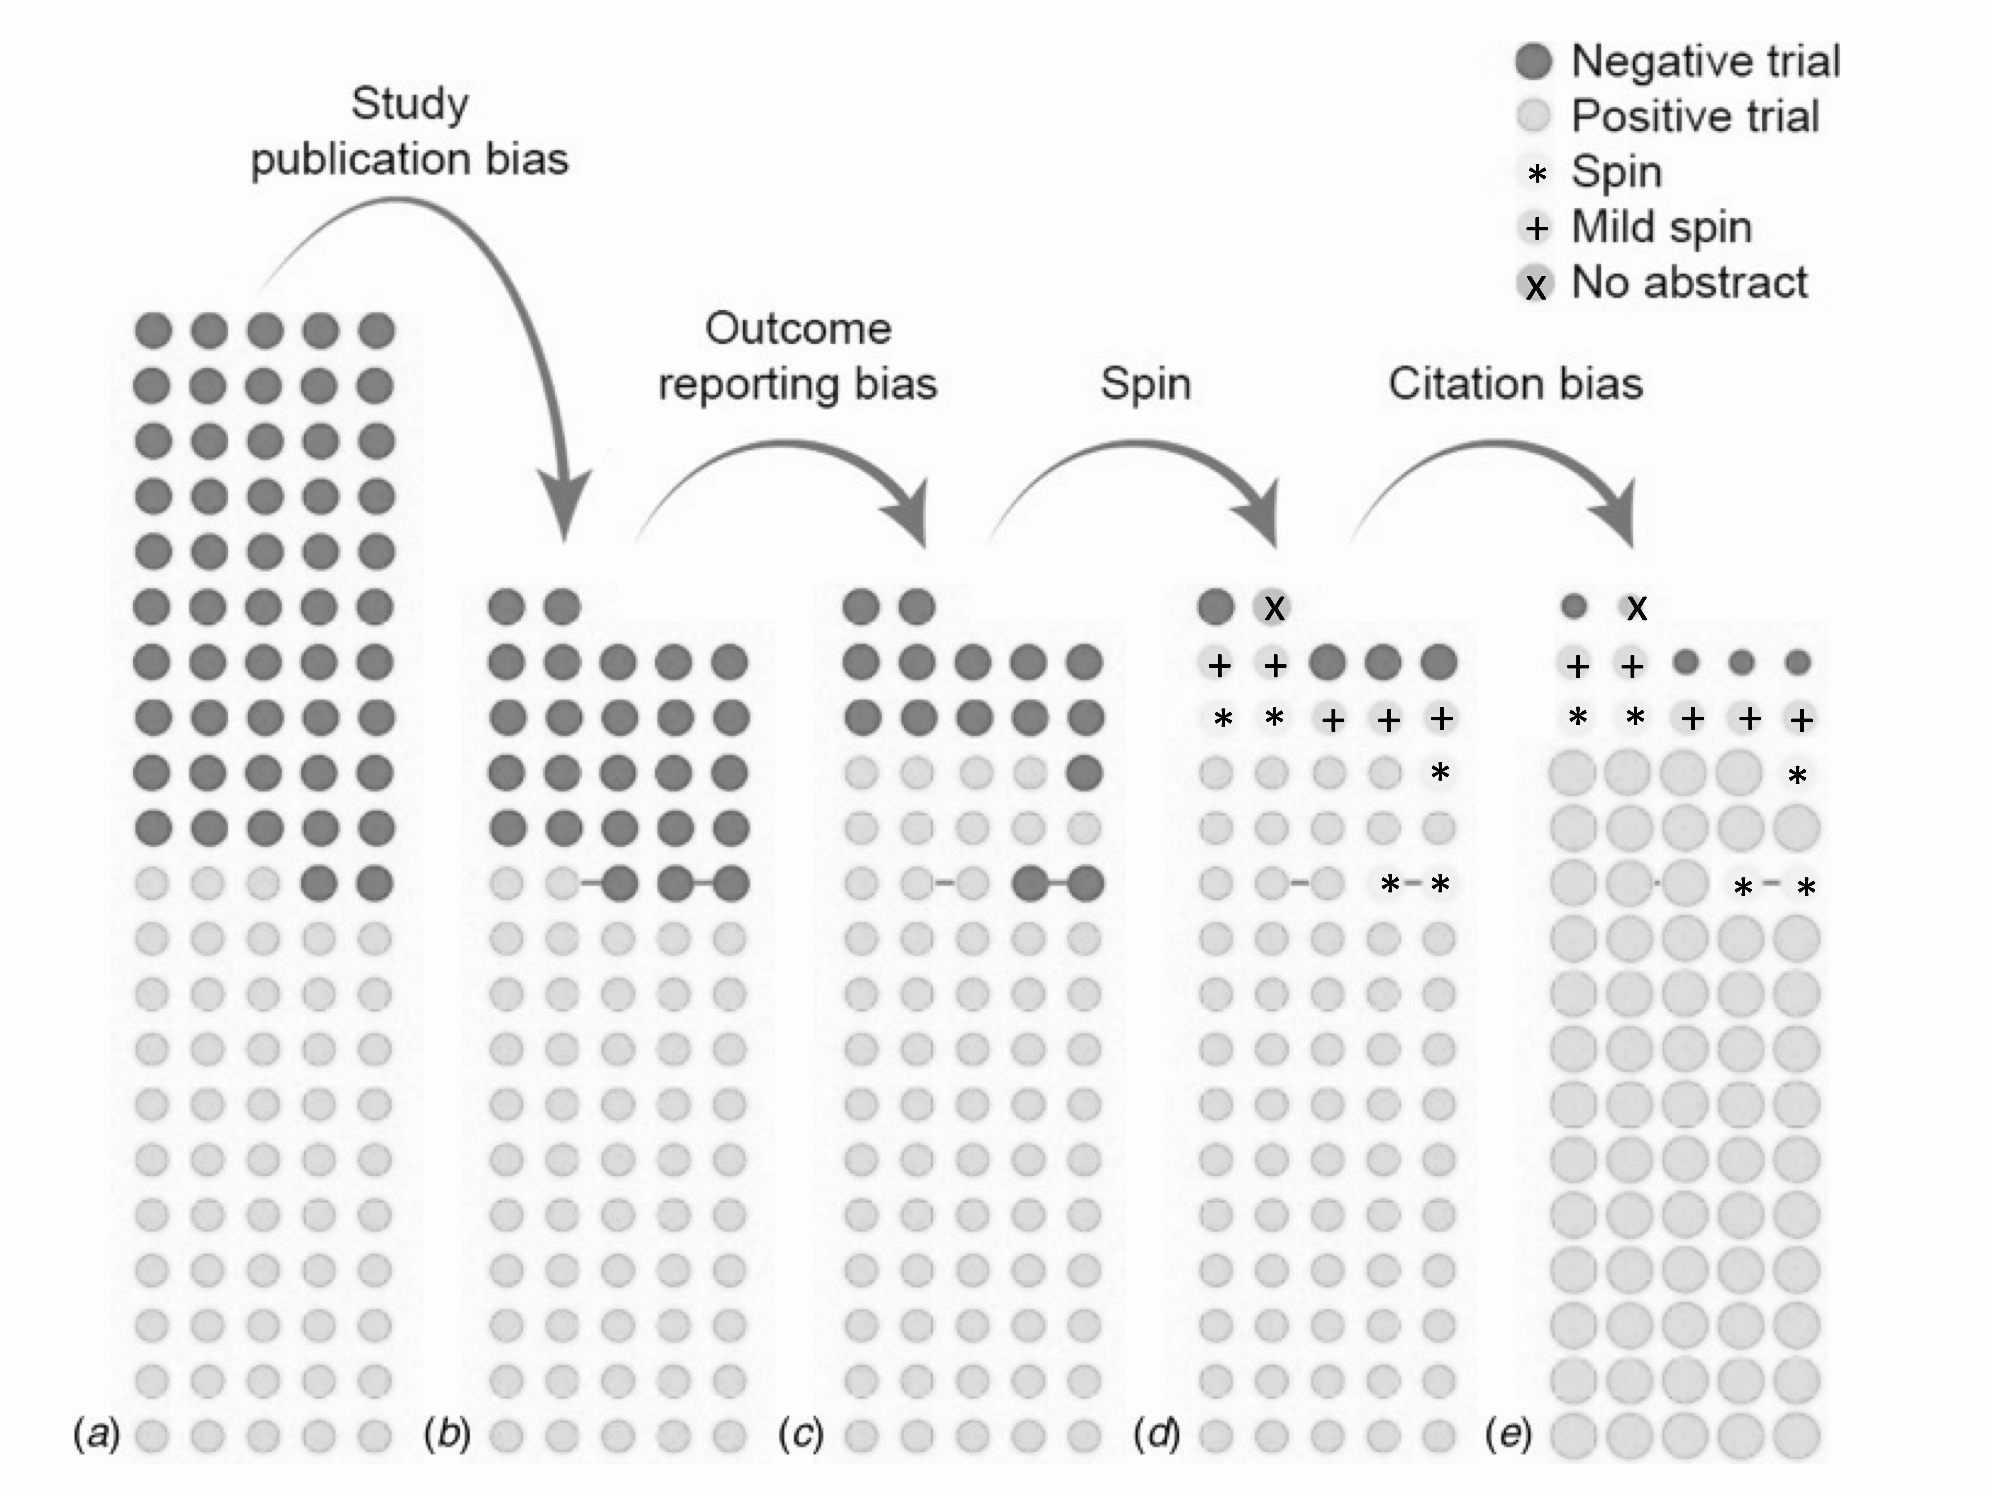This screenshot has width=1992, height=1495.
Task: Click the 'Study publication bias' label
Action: tap(410, 131)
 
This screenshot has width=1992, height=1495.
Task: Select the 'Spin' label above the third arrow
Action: tap(1146, 384)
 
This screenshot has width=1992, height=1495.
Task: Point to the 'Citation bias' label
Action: tap(1516, 384)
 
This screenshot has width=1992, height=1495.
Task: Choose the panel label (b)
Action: tap(448, 1434)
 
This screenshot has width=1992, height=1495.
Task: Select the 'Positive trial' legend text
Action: tap(1695, 116)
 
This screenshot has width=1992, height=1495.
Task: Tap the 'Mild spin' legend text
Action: tap(1661, 227)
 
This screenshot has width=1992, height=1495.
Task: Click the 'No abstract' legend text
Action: tap(1690, 283)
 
